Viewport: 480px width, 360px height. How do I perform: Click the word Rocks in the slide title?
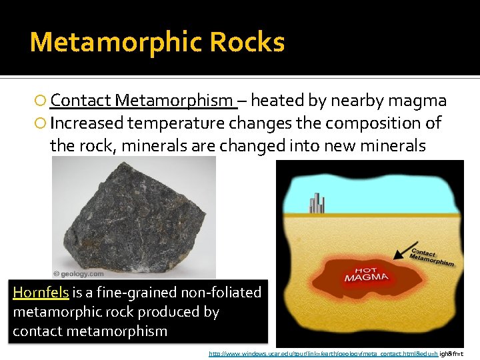247,43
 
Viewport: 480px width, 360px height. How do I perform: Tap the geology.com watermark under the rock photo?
79,273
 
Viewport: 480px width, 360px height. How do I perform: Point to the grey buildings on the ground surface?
317,203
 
